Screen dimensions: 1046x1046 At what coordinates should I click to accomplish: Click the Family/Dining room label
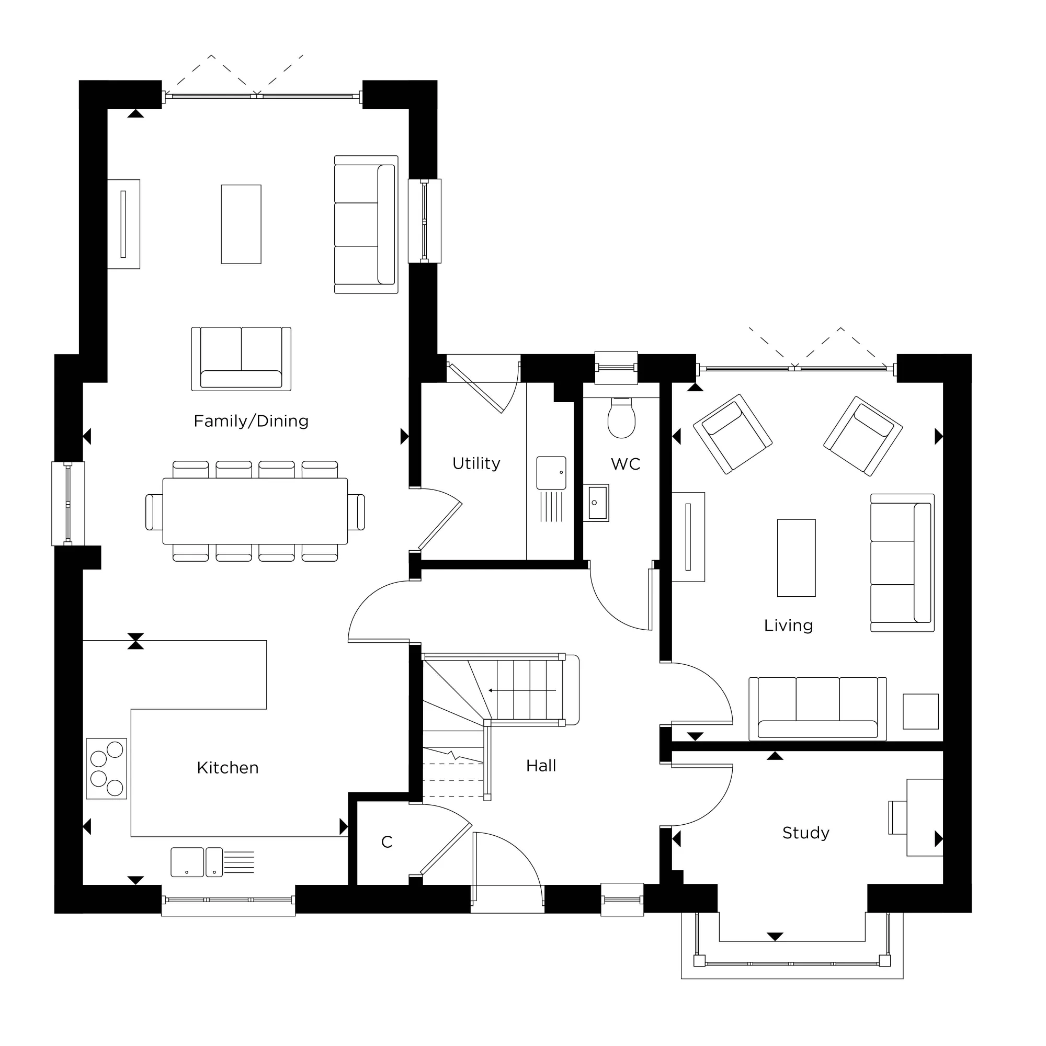pos(251,421)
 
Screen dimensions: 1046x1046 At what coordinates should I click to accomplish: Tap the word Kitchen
pos(228,768)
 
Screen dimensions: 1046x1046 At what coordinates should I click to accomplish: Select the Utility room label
pos(476,463)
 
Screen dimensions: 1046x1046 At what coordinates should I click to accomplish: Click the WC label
pos(626,464)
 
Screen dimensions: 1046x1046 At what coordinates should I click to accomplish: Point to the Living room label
pos(788,626)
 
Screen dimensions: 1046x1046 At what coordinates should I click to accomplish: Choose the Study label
pos(805,833)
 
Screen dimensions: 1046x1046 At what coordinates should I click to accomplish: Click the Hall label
pos(541,766)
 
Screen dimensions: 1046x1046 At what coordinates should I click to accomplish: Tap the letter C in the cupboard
pos(386,842)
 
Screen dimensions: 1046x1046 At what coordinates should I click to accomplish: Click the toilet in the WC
pos(621,418)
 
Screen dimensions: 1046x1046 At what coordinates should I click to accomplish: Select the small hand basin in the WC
pos(596,503)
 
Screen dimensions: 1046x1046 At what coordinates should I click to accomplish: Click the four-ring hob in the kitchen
pos(107,768)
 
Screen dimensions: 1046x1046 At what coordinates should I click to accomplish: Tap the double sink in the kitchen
pos(197,862)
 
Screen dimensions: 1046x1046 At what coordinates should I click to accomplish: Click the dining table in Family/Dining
pos(255,511)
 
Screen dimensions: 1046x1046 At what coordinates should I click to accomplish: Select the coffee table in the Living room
pos(796,558)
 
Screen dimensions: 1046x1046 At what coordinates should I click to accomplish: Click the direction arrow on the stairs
pos(522,690)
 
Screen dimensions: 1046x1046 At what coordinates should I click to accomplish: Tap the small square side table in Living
pos(920,711)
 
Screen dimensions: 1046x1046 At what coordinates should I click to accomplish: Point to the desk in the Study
pos(924,817)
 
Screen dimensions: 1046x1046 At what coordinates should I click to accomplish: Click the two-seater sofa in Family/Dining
pos(241,359)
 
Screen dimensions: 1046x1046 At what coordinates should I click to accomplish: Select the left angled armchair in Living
pos(732,434)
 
